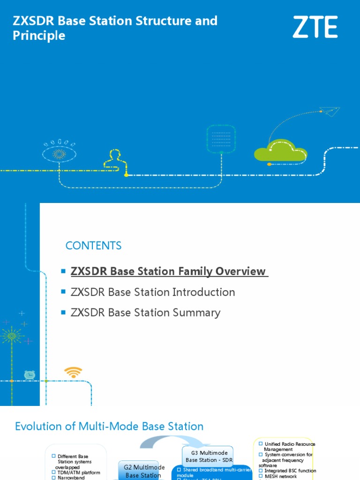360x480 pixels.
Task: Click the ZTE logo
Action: [315, 27]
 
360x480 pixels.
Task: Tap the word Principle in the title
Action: [39, 36]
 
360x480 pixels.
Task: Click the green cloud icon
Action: [280, 150]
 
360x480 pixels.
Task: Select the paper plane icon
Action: [330, 112]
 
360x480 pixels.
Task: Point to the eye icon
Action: [59, 153]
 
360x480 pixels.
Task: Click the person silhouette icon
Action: [115, 159]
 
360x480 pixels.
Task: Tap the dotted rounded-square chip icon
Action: [221, 138]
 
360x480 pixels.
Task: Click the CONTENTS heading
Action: [93, 246]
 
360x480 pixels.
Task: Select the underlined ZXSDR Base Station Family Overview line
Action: [169, 271]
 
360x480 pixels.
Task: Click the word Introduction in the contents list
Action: [204, 292]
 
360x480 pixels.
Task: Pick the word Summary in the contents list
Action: [197, 313]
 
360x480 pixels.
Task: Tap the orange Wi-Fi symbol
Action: [73, 373]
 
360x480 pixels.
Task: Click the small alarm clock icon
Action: [30, 375]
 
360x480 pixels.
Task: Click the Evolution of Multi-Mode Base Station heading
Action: [109, 427]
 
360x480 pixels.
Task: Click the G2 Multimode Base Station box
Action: [144, 471]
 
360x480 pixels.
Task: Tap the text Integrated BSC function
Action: [290, 471]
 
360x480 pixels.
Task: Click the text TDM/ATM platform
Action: [79, 472]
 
